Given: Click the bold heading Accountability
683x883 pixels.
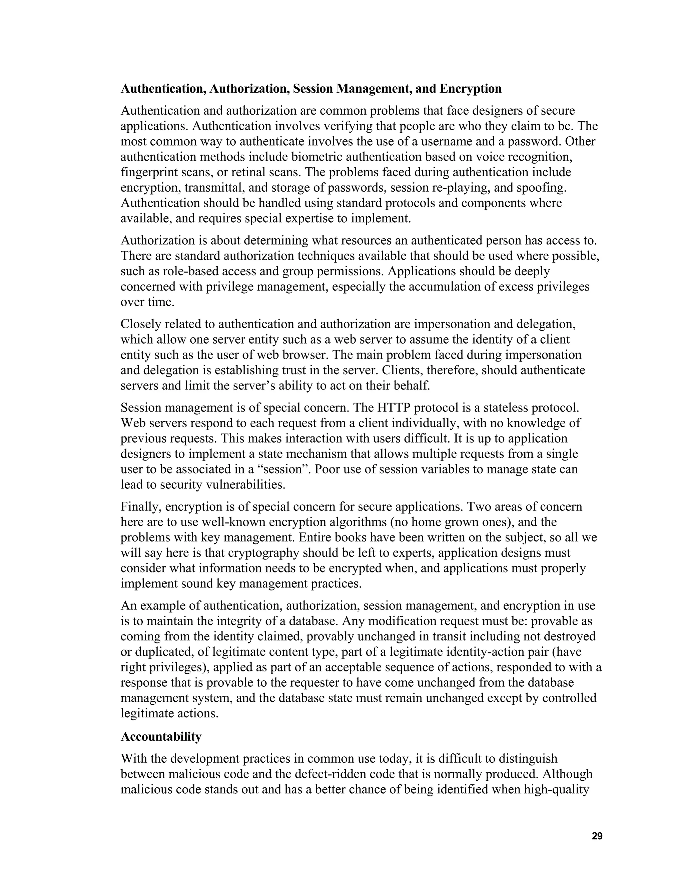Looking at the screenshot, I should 161,737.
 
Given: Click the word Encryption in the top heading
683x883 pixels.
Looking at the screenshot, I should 471,89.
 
